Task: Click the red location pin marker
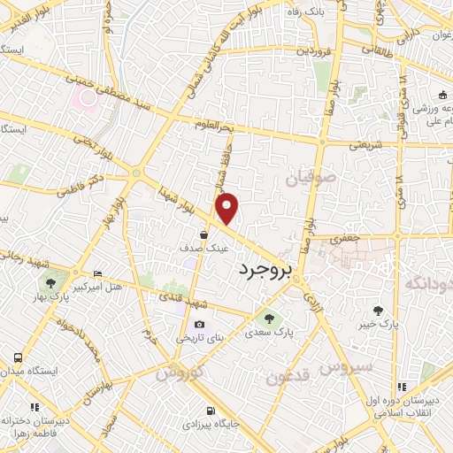point(227,208)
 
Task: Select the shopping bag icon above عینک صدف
point(204,235)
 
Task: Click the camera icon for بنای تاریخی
point(198,326)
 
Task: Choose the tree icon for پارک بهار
point(49,284)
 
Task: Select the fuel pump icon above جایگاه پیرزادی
point(209,411)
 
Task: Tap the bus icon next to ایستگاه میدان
point(18,357)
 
